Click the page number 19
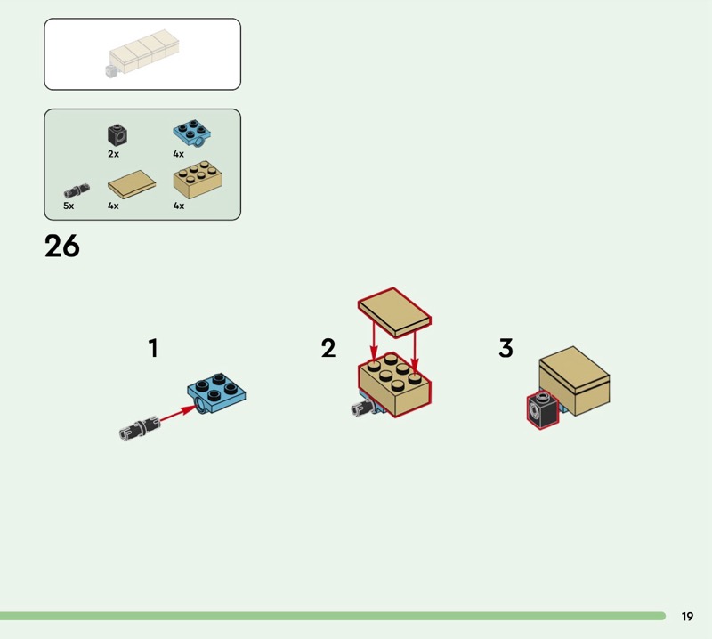pos(687,616)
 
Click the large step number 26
pos(62,247)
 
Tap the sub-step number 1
pos(153,348)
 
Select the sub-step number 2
pos(328,348)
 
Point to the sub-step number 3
pos(506,348)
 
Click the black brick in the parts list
pos(117,135)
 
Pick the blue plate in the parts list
pos(191,133)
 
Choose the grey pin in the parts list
pos(77,190)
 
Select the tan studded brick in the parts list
pos(198,179)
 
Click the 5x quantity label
pos(69,206)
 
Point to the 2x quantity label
pos(114,154)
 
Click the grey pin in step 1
pos(140,427)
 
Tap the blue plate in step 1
pos(216,392)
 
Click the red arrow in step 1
pos(177,414)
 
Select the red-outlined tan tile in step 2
pos(394,312)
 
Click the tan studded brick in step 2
pos(395,384)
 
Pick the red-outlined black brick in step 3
pos(543,410)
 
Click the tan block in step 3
pos(574,381)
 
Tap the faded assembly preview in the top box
pos(142,53)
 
